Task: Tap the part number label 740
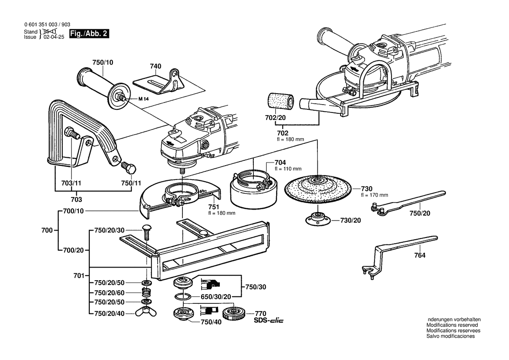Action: [155, 66]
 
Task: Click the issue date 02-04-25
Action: [54, 37]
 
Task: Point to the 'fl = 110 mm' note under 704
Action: [288, 168]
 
